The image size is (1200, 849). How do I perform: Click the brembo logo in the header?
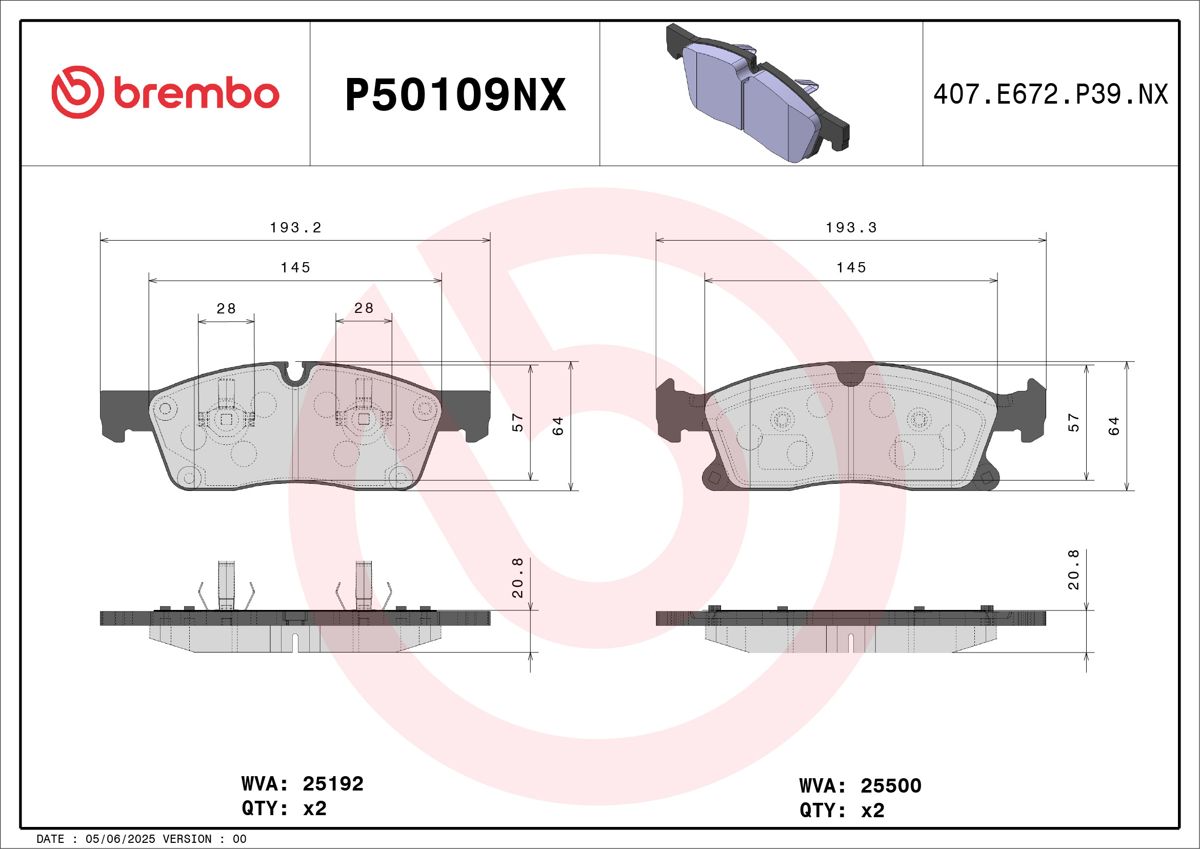(x=165, y=92)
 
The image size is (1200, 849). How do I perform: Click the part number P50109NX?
(x=455, y=95)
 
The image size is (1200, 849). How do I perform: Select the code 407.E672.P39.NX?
(x=1051, y=94)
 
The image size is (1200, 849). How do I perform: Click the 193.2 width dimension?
(x=295, y=227)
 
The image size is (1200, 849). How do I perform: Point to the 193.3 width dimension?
(x=851, y=227)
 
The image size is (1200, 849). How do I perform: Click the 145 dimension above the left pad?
(x=295, y=268)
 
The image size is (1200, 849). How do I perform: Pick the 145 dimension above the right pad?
(x=851, y=268)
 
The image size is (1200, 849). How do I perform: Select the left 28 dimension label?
(x=226, y=308)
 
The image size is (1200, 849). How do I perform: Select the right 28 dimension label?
(x=364, y=308)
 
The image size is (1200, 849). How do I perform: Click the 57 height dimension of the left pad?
(x=517, y=422)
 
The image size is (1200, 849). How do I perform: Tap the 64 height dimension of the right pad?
(x=1114, y=426)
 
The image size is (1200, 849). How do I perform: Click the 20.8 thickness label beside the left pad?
(x=517, y=578)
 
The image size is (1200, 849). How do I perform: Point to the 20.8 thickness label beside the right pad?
(x=1073, y=570)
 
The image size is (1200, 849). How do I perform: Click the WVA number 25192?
(x=333, y=784)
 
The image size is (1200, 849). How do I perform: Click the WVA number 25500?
(x=891, y=786)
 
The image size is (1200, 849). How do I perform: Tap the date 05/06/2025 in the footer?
(x=120, y=839)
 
